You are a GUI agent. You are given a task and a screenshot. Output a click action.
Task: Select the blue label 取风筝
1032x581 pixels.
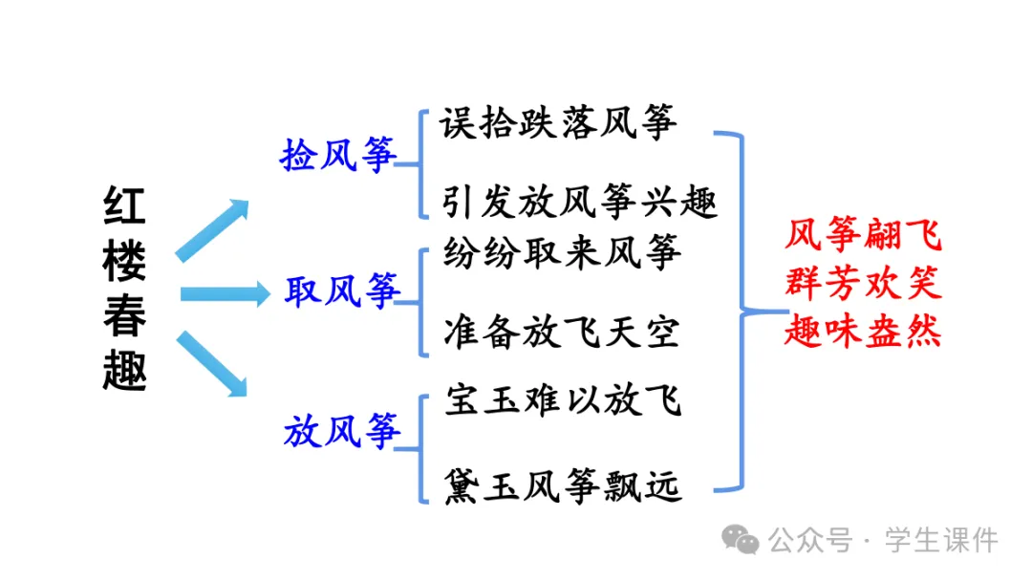coord(342,291)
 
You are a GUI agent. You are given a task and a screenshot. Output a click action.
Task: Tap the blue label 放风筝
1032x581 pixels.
coord(342,431)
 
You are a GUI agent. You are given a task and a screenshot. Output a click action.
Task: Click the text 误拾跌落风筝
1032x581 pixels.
coord(560,124)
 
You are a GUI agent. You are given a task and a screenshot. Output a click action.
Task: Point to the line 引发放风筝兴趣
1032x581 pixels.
coord(580,204)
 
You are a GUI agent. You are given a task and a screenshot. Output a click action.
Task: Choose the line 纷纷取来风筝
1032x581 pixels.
coord(563,252)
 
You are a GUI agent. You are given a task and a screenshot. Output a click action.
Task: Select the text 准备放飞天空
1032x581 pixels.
coord(562,332)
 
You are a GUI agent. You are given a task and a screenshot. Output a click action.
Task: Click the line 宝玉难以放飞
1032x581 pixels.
coord(563,400)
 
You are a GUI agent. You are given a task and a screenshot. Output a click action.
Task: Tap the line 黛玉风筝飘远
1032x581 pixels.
coord(563,485)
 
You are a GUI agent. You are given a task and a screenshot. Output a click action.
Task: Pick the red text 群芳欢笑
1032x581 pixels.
coord(863,283)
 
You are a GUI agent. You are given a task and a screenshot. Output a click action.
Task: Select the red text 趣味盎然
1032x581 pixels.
coord(863,331)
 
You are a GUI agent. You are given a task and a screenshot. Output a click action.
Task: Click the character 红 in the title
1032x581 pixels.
coord(124,208)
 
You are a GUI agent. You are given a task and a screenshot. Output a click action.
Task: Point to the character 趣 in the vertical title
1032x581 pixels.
coord(124,371)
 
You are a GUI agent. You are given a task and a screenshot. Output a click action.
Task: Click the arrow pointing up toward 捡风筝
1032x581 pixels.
coord(212,229)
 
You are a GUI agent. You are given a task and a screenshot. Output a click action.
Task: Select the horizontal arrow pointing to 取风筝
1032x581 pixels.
coord(226,293)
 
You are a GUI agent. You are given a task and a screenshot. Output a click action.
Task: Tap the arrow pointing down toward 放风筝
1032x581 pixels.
coord(212,364)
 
